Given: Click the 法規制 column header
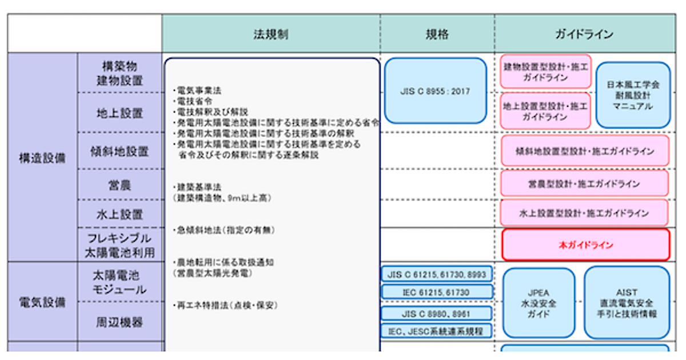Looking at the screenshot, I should [271, 34].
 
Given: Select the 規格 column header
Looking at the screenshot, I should [437, 34].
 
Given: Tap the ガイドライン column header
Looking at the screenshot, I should [584, 34].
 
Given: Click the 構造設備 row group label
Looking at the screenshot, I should [42, 158].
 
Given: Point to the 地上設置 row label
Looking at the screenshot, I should [119, 113].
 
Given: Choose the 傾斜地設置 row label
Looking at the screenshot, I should [119, 151].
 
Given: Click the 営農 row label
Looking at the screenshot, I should [119, 185].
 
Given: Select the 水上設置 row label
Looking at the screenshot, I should [119, 215].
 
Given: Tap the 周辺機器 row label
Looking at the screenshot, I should [119, 322].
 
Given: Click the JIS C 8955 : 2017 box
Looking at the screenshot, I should [436, 91].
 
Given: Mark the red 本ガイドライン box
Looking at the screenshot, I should [585, 245].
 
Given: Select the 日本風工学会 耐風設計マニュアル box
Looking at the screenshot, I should [633, 95].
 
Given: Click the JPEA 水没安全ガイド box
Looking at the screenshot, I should [539, 303].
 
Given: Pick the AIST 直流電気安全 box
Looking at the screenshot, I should [627, 303].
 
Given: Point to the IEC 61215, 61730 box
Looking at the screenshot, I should [437, 292].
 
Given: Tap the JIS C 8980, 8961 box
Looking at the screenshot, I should [437, 313].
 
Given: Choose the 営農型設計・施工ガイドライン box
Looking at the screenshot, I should [584, 184].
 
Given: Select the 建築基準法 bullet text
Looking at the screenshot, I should [197, 187].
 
